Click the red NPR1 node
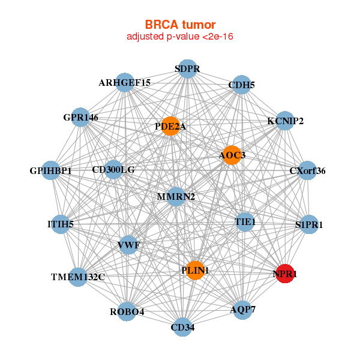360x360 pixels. click(284, 274)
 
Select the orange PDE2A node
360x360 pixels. click(170, 126)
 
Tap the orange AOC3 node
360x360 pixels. click(232, 155)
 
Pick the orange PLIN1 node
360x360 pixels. click(194, 271)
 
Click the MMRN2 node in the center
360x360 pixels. click(176, 196)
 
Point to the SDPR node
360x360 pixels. click(187, 68)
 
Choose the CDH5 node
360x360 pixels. click(241, 85)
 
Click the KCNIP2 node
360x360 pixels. click(285, 121)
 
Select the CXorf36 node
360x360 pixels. click(307, 170)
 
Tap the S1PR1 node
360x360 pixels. click(309, 224)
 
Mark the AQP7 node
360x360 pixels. click(242, 310)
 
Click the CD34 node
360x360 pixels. click(182, 327)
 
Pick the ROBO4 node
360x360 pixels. click(127, 311)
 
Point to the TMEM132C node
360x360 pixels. click(78, 277)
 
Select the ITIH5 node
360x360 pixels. click(60, 224)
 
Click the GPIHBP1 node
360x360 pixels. click(51, 171)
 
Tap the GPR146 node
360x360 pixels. click(80, 117)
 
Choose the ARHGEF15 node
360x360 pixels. click(125, 82)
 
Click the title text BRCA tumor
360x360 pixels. click(180, 25)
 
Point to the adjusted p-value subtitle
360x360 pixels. click(180, 37)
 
